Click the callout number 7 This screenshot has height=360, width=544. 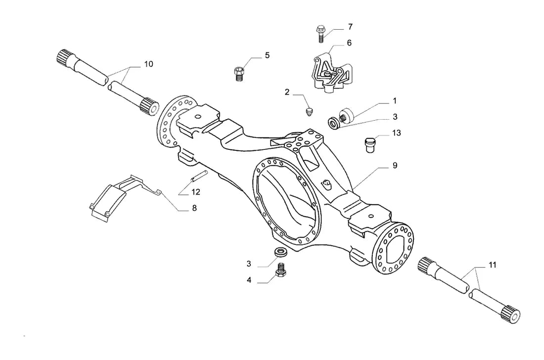[350, 27]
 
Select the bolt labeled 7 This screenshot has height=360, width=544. [320, 34]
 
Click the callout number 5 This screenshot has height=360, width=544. [267, 55]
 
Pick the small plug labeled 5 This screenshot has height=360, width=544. [238, 74]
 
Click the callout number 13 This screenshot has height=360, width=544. [396, 133]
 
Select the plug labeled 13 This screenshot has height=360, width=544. [370, 145]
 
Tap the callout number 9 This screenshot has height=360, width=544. [395, 166]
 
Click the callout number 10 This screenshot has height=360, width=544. [148, 64]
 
